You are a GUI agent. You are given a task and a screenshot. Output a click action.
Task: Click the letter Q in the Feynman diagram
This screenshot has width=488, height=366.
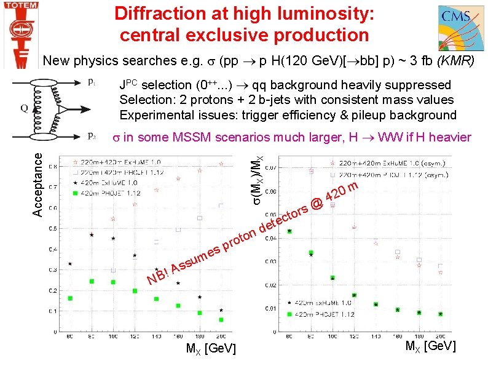coord(23,109)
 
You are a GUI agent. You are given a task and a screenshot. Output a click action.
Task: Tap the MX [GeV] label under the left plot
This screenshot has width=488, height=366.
coord(211,349)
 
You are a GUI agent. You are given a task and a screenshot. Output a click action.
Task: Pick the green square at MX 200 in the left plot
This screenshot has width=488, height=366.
coord(221,320)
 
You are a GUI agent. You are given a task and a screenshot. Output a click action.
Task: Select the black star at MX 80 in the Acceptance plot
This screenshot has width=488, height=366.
coord(70,264)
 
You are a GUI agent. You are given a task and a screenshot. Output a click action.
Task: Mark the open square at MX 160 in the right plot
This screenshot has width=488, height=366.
coord(398,252)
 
